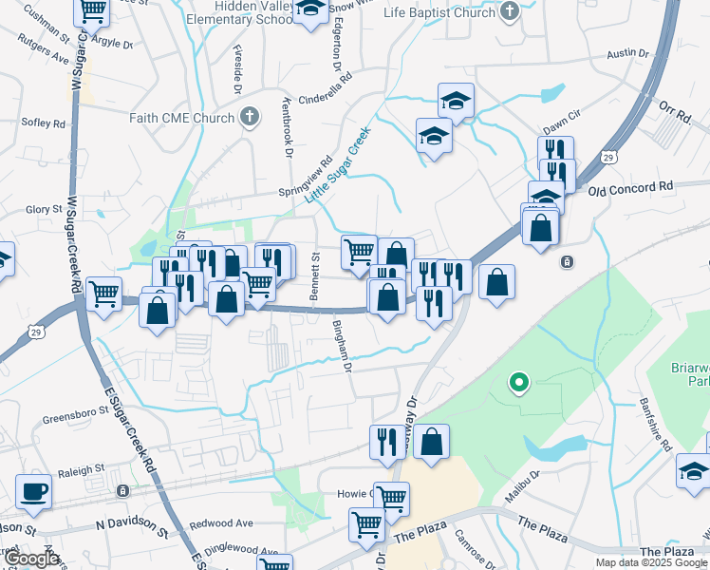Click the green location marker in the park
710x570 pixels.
click(x=518, y=383)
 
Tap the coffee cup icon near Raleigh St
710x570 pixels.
click(x=33, y=492)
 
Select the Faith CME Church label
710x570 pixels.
click(x=181, y=118)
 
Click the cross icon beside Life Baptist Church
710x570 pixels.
click(x=510, y=12)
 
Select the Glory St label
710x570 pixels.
click(x=44, y=209)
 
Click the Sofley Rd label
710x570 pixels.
click(x=46, y=123)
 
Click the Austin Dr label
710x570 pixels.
click(x=626, y=54)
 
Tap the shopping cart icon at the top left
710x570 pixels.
click(x=92, y=11)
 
